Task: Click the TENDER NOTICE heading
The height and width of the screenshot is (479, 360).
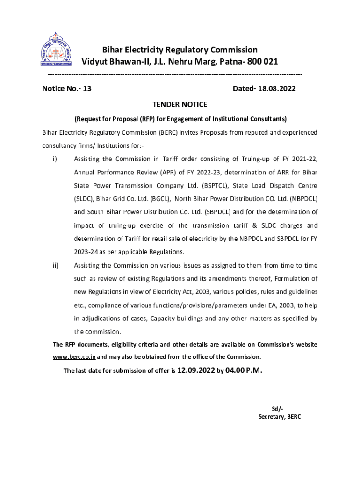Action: [180, 104]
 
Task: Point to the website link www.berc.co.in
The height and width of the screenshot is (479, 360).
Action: [74, 356]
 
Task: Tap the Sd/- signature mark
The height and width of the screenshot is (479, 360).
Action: [277, 408]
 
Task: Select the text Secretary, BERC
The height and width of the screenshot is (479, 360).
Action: [280, 416]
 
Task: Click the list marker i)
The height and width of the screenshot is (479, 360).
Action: [55, 159]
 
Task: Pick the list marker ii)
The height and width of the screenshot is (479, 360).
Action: [55, 266]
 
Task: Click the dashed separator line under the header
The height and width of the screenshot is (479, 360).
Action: [175, 75]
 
